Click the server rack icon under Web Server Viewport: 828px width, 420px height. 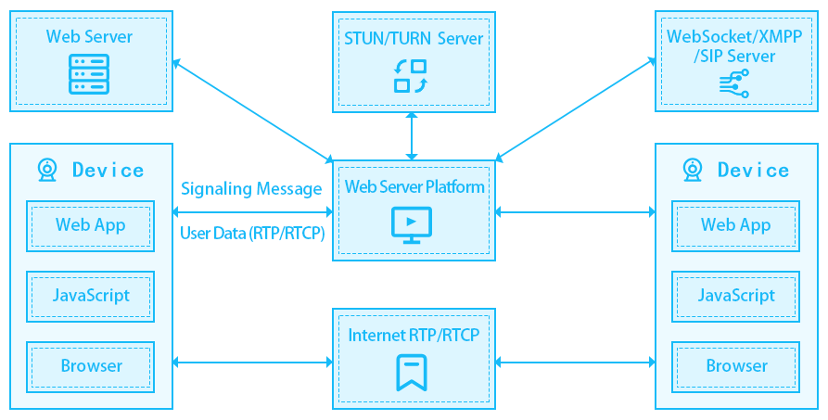(x=90, y=75)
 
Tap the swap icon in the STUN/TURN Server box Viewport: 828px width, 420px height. (x=411, y=76)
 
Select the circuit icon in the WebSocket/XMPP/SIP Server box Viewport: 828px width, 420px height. (x=733, y=84)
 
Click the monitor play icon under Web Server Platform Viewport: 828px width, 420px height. (x=411, y=223)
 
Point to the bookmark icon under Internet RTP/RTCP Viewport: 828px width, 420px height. (x=411, y=372)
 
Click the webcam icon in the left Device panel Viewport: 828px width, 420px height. (x=47, y=170)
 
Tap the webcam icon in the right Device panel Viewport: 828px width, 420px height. (x=693, y=170)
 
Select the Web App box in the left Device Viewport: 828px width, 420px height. (x=90, y=224)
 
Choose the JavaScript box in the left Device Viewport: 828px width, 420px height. (x=90, y=296)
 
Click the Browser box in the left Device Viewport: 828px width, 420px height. (x=90, y=366)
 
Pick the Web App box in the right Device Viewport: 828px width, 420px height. (x=736, y=224)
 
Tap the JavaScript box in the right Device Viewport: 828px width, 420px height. (x=736, y=296)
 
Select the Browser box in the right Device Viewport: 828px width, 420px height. (x=736, y=366)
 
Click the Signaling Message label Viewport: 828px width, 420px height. (x=251, y=189)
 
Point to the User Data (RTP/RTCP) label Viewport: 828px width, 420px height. (x=251, y=234)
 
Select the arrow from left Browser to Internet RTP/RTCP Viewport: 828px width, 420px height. (x=252, y=363)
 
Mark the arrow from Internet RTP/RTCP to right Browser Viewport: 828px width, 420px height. (x=575, y=363)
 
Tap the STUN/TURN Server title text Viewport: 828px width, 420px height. (x=413, y=39)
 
